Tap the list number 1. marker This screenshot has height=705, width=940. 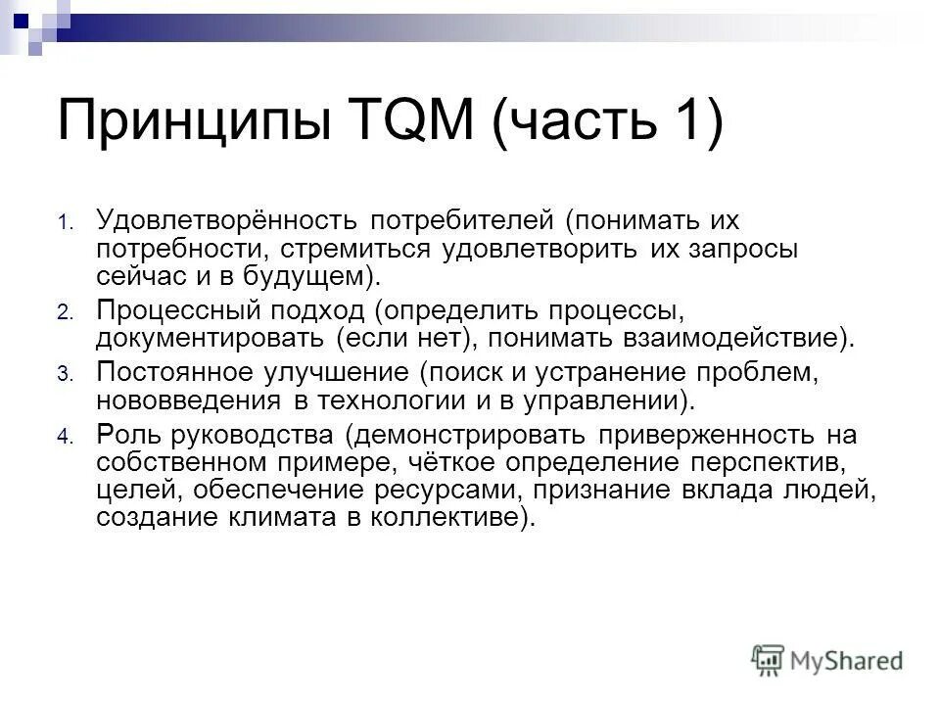click(65, 223)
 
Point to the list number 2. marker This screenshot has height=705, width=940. click(65, 313)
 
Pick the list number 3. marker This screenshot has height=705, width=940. click(65, 374)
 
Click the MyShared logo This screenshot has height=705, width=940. click(827, 659)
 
